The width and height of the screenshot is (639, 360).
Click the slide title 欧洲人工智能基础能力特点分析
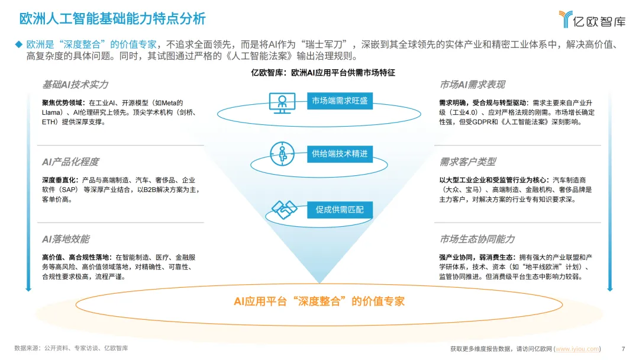(x=112, y=18)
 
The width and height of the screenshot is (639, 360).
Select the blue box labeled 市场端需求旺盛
(x=340, y=101)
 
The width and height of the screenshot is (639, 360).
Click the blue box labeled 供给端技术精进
(x=340, y=154)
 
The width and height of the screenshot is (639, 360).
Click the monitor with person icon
(x=282, y=102)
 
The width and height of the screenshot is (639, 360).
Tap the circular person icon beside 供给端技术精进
(x=282, y=153)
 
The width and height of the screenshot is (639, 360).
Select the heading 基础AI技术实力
(x=75, y=85)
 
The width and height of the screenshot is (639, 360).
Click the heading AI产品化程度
(x=70, y=162)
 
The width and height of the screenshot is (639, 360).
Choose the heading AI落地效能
(x=66, y=239)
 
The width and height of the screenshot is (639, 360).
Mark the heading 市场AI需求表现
(x=472, y=85)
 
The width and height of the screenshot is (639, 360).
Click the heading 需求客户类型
(x=467, y=162)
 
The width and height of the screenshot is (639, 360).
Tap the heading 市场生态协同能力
(x=477, y=239)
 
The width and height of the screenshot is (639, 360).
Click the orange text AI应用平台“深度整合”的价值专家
(x=319, y=301)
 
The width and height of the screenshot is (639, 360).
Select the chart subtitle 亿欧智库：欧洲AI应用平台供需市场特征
(x=323, y=73)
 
